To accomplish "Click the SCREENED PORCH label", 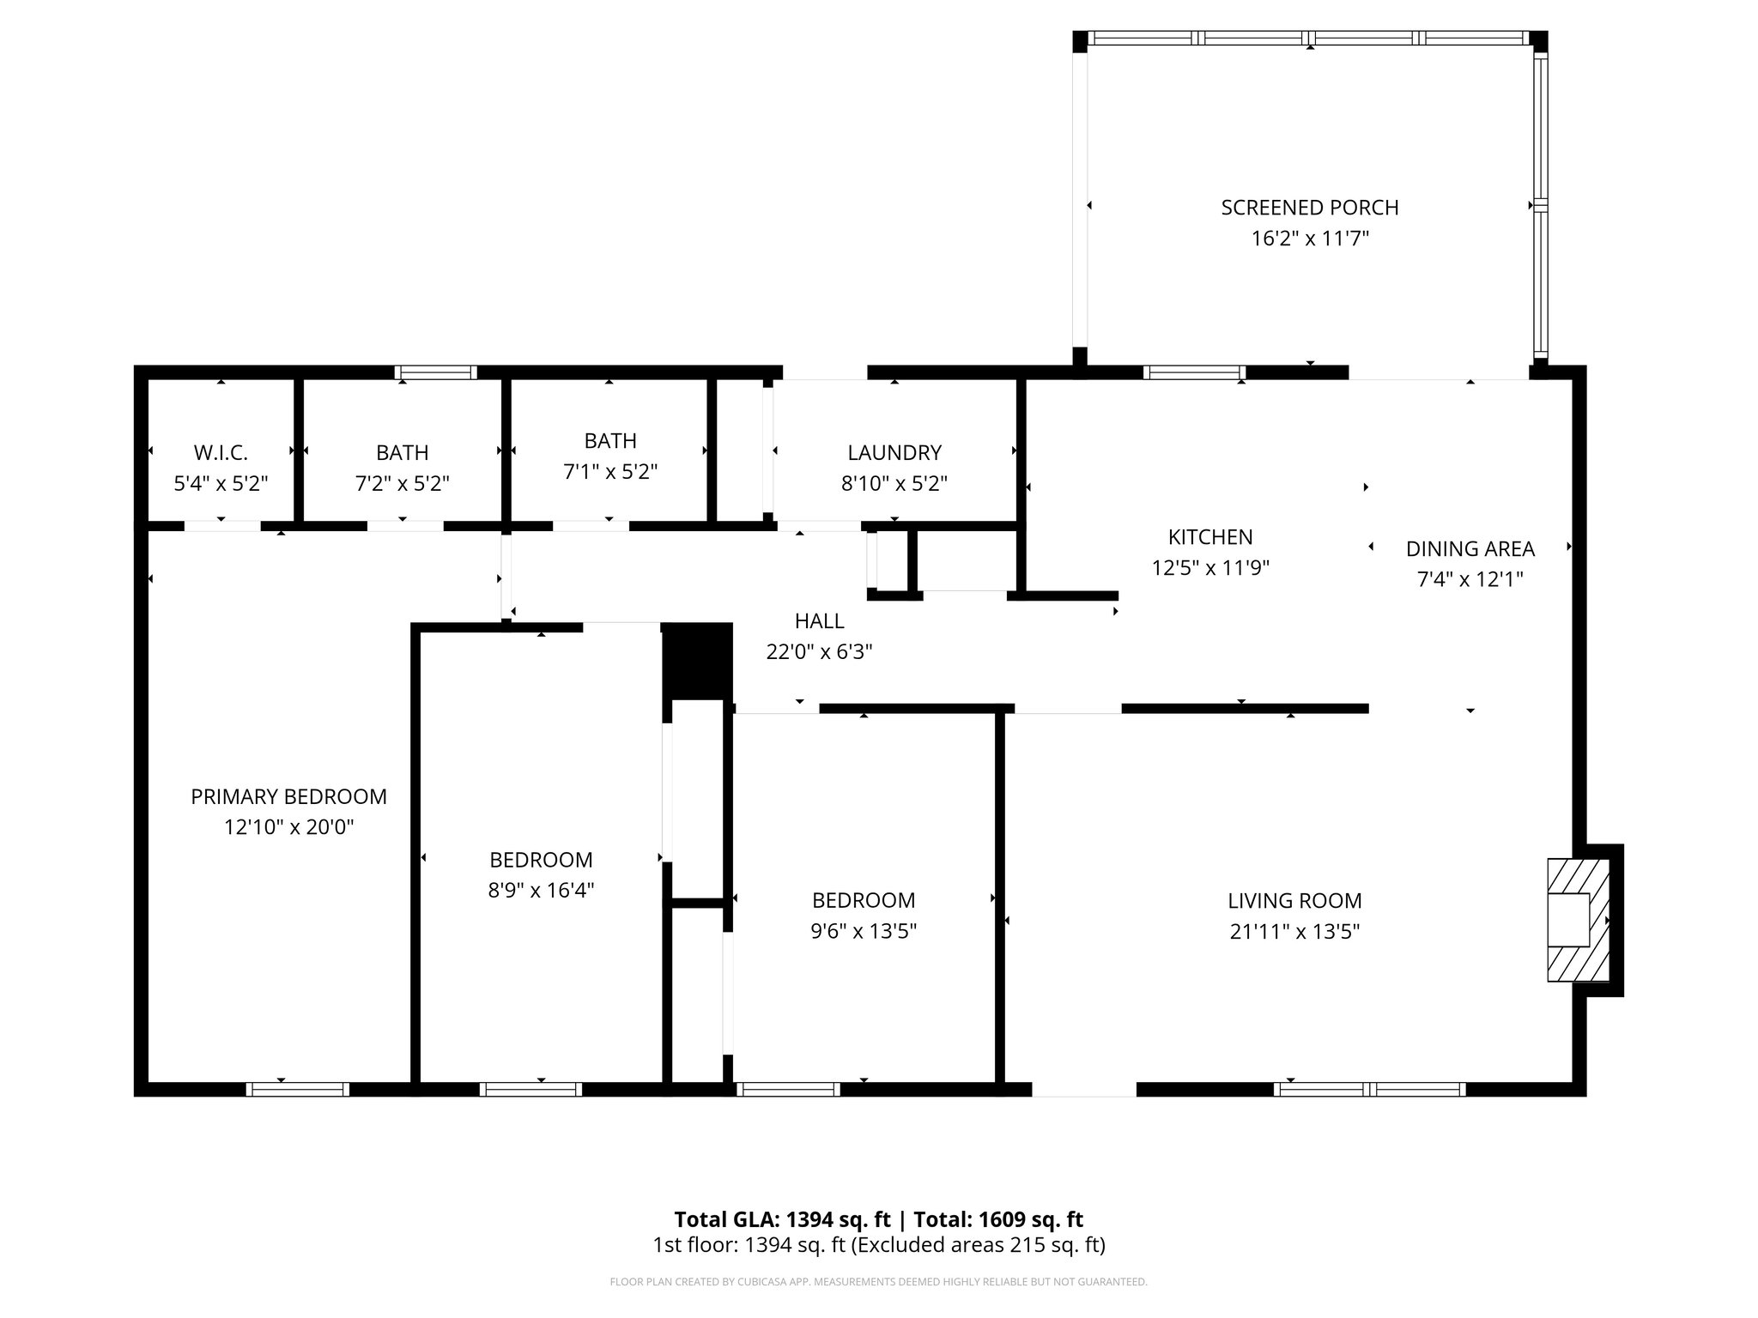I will click(1309, 208).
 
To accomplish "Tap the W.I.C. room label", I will click(221, 452).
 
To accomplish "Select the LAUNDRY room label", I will click(894, 452).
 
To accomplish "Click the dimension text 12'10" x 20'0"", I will click(288, 827).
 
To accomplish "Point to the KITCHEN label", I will click(1209, 537).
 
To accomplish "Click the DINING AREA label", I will click(1470, 548).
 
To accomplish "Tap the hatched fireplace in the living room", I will click(1578, 920).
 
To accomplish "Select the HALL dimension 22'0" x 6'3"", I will click(819, 651).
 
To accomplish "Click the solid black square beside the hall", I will click(697, 661).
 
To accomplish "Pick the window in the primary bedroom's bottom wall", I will click(297, 1089).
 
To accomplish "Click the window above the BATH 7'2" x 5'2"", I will click(435, 372).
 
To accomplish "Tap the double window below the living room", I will click(1369, 1089).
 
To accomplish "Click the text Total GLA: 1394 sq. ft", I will click(782, 1219).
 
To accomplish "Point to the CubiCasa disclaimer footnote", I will click(878, 1282).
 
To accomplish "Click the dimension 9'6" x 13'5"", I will click(864, 931).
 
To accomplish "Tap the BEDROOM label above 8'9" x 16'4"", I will click(541, 860).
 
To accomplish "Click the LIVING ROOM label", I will click(1294, 901).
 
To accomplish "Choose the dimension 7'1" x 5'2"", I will click(610, 471).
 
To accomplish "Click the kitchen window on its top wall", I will click(1193, 372).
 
